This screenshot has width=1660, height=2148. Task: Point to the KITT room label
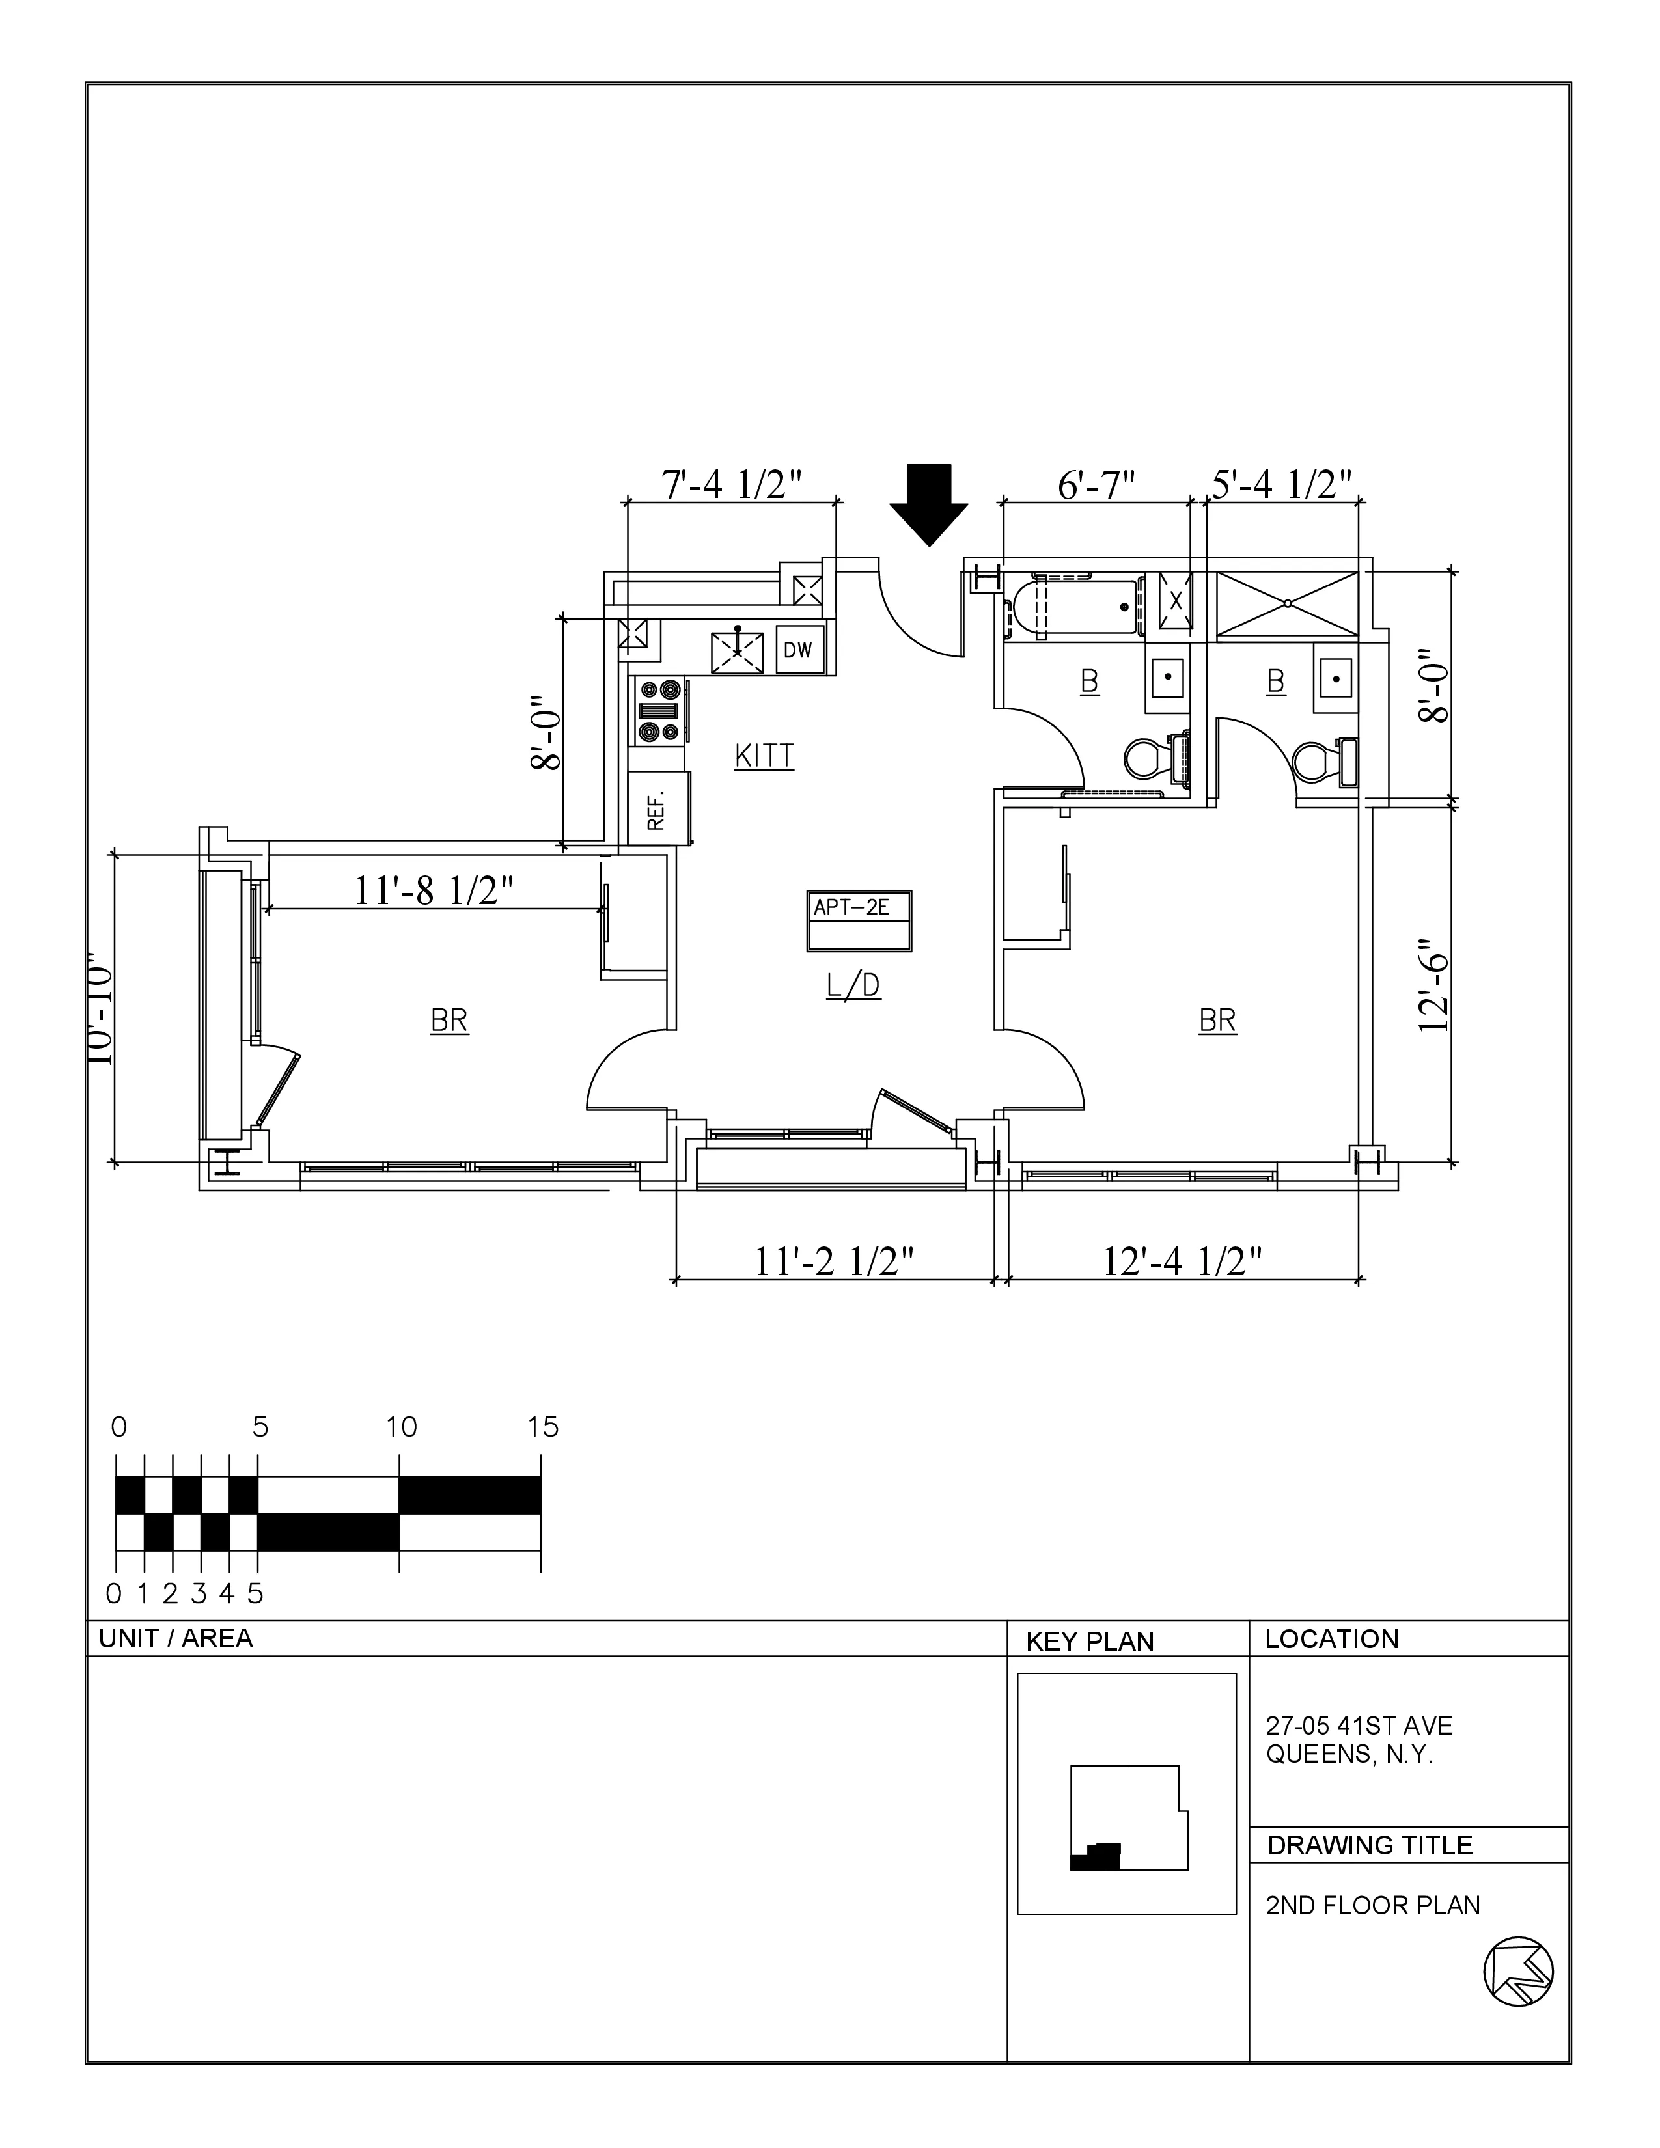[x=764, y=756]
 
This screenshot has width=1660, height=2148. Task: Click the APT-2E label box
[x=859, y=920]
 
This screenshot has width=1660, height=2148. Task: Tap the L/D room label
[x=853, y=985]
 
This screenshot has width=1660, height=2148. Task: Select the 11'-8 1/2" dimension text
[x=434, y=890]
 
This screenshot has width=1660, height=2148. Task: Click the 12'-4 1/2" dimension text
[x=1182, y=1261]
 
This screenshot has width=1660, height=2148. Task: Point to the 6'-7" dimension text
[x=1096, y=485]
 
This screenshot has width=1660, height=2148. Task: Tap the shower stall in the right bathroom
[x=1287, y=605]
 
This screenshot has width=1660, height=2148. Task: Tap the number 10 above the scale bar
[x=400, y=1427]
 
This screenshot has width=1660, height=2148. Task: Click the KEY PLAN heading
[x=1090, y=1642]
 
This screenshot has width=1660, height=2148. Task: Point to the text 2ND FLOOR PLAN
[x=1372, y=1905]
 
